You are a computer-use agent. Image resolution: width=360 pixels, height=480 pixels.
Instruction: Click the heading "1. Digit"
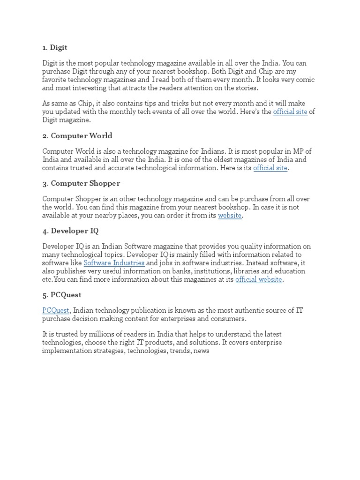[x=55, y=47]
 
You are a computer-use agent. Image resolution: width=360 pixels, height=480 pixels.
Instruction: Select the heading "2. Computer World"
[x=77, y=135]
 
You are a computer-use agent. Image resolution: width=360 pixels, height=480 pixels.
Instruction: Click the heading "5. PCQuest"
[x=62, y=295]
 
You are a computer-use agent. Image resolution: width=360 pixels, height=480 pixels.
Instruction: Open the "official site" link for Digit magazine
[x=290, y=112]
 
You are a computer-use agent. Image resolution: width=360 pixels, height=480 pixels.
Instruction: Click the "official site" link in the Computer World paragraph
[x=270, y=168]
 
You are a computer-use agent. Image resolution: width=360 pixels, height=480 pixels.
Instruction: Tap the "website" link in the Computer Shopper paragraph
[x=230, y=216]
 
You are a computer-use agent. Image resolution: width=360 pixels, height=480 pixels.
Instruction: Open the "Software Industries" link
[x=114, y=263]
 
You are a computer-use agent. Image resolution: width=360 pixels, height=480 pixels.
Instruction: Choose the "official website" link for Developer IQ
[x=259, y=279]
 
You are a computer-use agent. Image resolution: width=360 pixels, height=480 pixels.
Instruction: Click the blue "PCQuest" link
[x=56, y=310]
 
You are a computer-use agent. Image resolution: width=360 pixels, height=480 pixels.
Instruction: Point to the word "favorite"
[x=56, y=80]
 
